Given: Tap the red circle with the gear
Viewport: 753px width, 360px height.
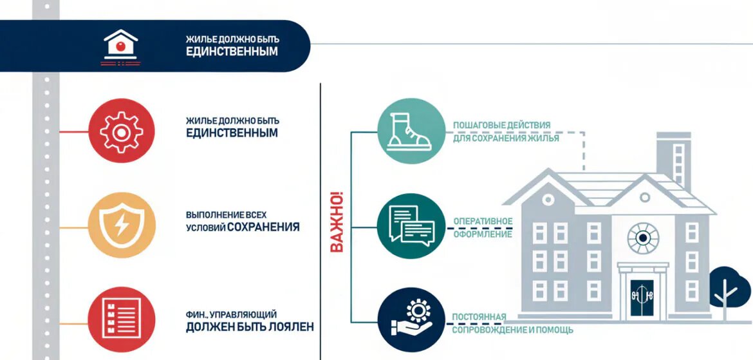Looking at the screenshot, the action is [x=122, y=131].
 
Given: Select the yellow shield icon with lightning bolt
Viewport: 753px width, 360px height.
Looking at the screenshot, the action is [x=122, y=225].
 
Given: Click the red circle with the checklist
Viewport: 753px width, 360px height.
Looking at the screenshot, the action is [x=122, y=319].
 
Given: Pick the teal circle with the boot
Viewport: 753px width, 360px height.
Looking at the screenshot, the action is [x=411, y=130].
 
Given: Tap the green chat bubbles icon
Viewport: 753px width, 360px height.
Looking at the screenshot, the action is [x=411, y=226].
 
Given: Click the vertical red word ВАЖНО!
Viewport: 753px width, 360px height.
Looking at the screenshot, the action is [x=337, y=222].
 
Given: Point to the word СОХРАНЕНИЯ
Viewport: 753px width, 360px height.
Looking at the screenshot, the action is [x=263, y=227].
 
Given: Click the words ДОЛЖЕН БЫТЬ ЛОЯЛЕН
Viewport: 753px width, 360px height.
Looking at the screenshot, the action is [x=250, y=327].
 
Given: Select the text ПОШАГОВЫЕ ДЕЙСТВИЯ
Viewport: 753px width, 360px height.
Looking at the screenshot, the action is [x=501, y=126].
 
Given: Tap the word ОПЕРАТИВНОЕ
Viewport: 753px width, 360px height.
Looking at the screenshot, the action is [x=483, y=221].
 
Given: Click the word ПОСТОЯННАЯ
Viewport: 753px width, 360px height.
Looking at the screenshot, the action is [x=479, y=317].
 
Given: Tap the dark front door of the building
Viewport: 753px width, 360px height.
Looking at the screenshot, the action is [x=642, y=298].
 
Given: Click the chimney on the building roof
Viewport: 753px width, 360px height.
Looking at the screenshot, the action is [x=674, y=160].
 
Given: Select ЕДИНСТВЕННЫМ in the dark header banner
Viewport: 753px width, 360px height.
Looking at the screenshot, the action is [x=232, y=52].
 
